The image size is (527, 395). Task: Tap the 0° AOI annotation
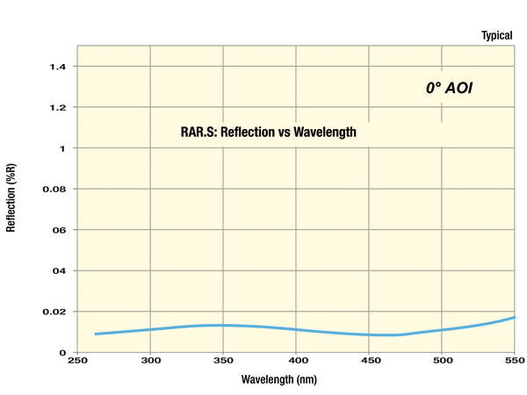tap(449, 88)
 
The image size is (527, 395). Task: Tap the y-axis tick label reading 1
tap(62, 148)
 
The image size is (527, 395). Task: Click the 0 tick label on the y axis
tap(62, 352)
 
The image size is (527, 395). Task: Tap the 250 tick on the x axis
tap(77, 361)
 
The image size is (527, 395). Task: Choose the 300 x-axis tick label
tap(150, 361)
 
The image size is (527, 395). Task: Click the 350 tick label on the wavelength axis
tap(223, 361)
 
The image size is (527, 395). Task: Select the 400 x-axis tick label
tap(296, 361)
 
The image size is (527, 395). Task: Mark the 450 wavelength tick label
tap(369, 361)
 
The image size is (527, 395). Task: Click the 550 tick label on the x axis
tap(514, 361)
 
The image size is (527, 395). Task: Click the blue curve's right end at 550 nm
tap(514, 317)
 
